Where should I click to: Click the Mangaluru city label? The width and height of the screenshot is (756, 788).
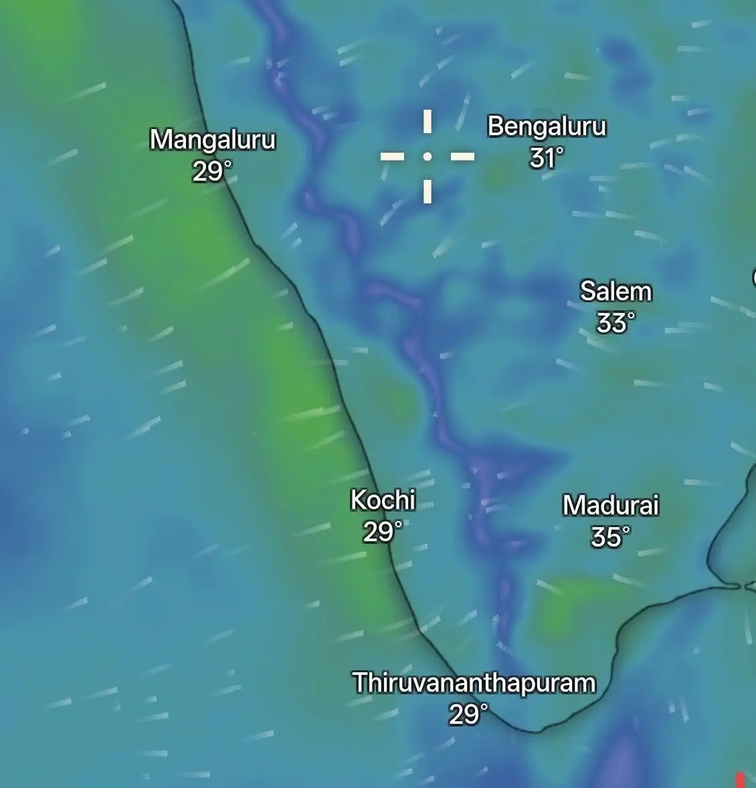click(x=213, y=140)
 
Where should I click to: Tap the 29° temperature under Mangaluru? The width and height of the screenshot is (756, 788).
click(x=211, y=172)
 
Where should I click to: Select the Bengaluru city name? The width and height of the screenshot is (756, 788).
click(x=547, y=126)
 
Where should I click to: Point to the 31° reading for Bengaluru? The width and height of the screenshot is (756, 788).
click(x=546, y=159)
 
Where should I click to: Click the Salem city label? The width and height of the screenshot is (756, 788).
click(x=616, y=292)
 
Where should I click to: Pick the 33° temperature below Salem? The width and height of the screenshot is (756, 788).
click(x=615, y=323)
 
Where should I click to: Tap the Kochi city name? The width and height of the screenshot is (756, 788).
click(x=383, y=500)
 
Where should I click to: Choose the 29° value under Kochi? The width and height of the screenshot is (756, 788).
click(x=383, y=532)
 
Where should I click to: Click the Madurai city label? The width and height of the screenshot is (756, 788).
click(x=610, y=505)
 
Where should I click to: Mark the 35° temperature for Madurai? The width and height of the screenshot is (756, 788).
click(x=610, y=536)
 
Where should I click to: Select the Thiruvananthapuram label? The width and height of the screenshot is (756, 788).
click(x=474, y=683)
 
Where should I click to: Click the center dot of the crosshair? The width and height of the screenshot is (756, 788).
click(x=427, y=157)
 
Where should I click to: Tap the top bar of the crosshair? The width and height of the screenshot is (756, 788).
click(x=427, y=122)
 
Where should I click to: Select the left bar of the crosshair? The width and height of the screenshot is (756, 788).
click(x=392, y=157)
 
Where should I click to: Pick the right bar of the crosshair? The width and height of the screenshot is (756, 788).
click(x=462, y=157)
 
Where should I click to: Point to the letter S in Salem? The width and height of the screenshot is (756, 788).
click(x=587, y=292)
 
